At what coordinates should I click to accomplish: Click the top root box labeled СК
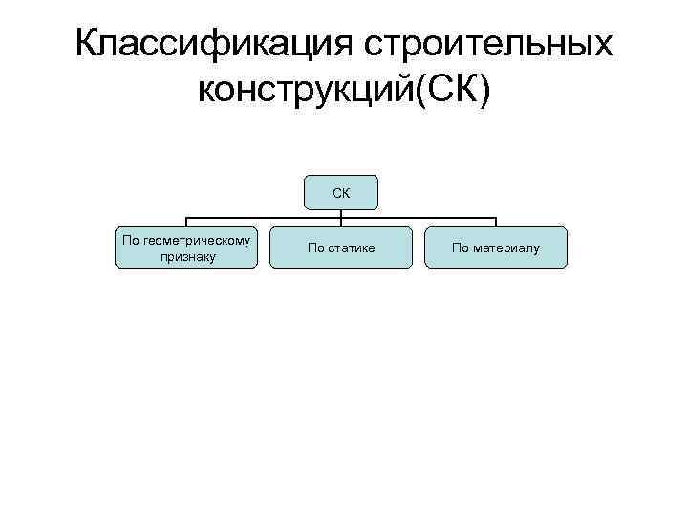[341, 192]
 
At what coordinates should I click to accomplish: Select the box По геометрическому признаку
[186, 247]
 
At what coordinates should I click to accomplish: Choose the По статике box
[341, 247]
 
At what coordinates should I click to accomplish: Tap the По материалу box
[496, 247]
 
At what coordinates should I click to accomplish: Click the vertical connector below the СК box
[341, 214]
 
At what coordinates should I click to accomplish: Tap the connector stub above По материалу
[496, 223]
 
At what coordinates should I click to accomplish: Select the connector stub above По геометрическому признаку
[186, 223]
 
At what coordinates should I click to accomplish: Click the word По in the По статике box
[315, 248]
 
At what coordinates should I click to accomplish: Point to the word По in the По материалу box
[460, 248]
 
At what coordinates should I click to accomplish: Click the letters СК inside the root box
[341, 193]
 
